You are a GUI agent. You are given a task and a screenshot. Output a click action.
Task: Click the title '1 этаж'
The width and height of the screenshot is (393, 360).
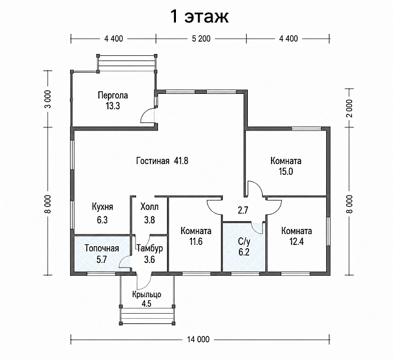[200, 17]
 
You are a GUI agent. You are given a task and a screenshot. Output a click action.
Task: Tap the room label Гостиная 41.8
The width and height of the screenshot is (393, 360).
[162, 161]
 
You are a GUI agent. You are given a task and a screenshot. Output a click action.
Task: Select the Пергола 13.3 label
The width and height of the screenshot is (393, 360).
[113, 100]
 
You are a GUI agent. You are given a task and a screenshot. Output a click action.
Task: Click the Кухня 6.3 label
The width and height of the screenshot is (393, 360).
[102, 213]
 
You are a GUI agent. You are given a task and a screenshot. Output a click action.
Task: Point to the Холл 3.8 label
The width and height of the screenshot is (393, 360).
[150, 213]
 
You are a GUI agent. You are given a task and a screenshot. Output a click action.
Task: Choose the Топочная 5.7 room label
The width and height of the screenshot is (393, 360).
[101, 254]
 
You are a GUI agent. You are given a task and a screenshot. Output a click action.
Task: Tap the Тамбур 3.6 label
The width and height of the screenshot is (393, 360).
[150, 254]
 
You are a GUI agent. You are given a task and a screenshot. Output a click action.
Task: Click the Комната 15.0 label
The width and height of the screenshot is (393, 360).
[286, 166]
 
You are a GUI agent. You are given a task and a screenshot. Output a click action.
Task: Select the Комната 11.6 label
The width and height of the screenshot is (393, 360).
[196, 236]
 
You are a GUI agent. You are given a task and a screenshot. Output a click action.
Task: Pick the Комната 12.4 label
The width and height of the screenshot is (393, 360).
[297, 236]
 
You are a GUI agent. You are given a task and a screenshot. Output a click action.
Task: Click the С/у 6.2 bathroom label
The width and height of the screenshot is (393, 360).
[244, 247]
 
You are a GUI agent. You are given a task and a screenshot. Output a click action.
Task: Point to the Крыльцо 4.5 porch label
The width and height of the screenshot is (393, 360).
[146, 299]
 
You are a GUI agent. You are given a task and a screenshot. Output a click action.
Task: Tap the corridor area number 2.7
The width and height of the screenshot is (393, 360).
[243, 210]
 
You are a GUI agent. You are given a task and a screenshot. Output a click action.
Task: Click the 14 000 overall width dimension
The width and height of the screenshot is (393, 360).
[198, 339]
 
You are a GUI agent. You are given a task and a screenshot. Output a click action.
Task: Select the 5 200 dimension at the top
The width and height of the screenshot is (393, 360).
[201, 39]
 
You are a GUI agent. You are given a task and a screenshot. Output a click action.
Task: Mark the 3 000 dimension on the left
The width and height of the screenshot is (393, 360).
[48, 99]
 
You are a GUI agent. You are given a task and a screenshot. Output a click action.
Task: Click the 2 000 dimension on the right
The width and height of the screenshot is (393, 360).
[349, 108]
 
